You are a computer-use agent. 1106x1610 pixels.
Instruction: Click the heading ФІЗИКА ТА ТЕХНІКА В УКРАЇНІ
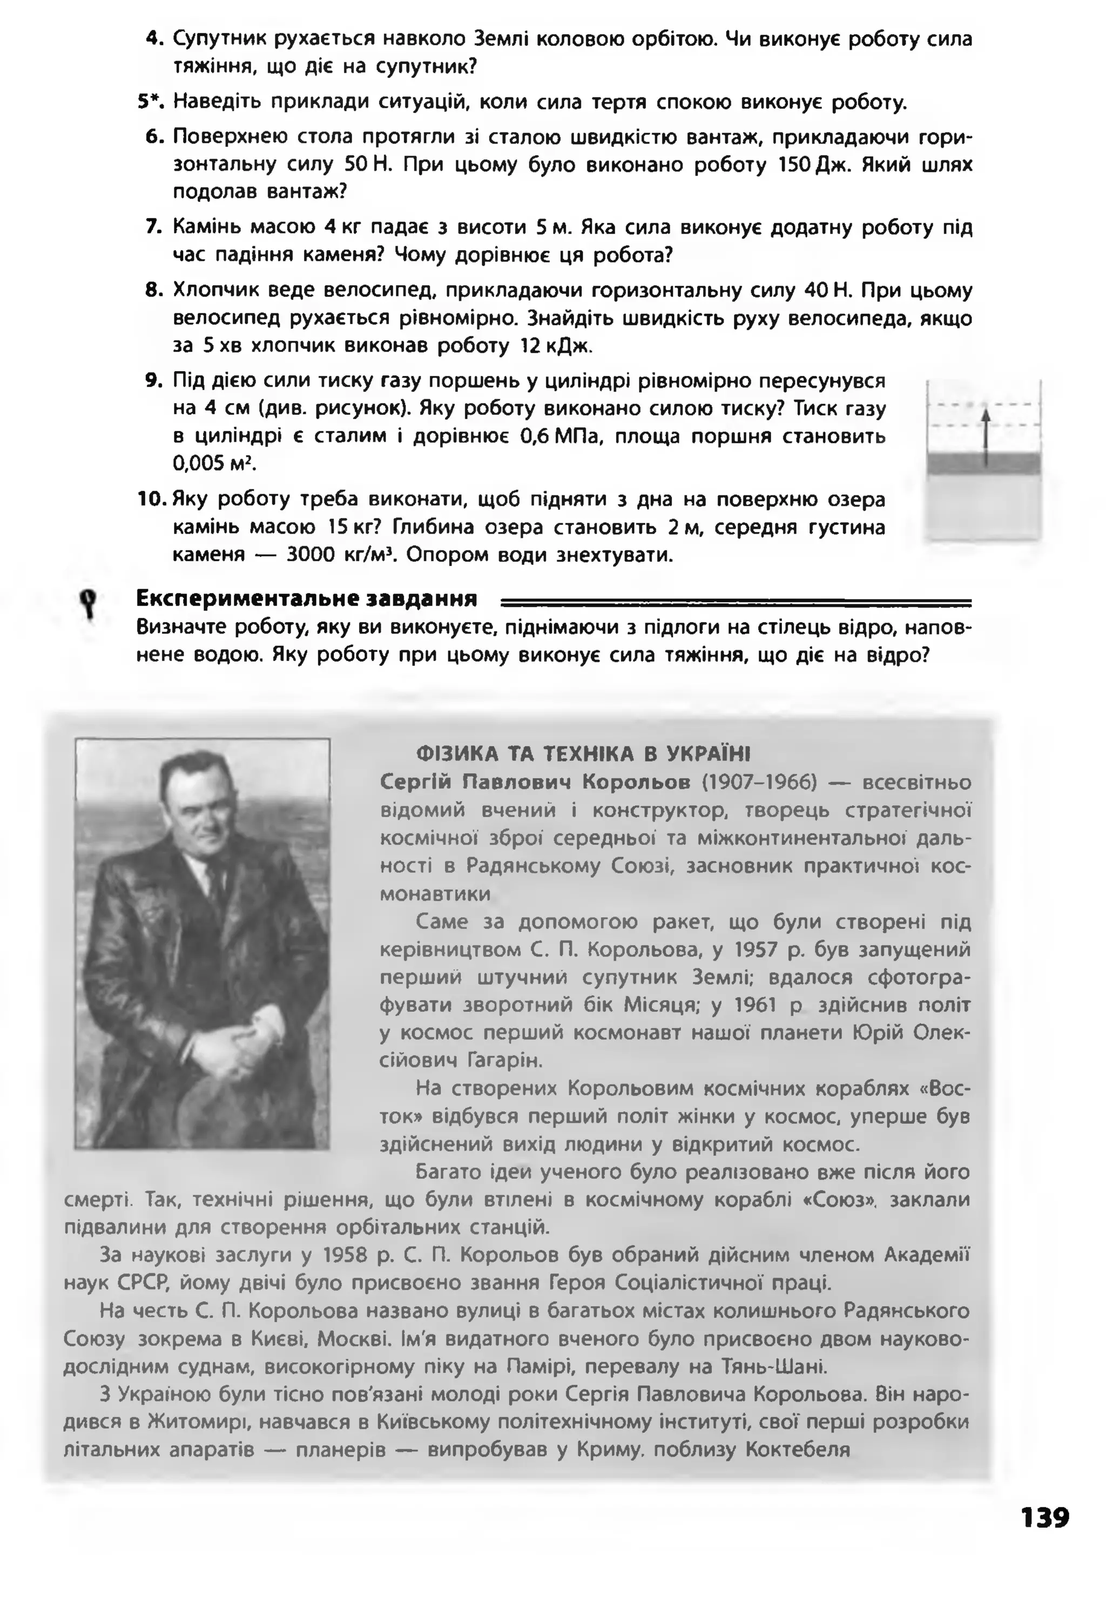click(583, 753)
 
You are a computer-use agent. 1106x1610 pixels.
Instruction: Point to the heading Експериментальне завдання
click(306, 597)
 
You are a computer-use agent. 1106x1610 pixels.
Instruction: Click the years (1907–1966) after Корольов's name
click(759, 783)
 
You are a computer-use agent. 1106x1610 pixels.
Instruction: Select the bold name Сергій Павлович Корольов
click(535, 783)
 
